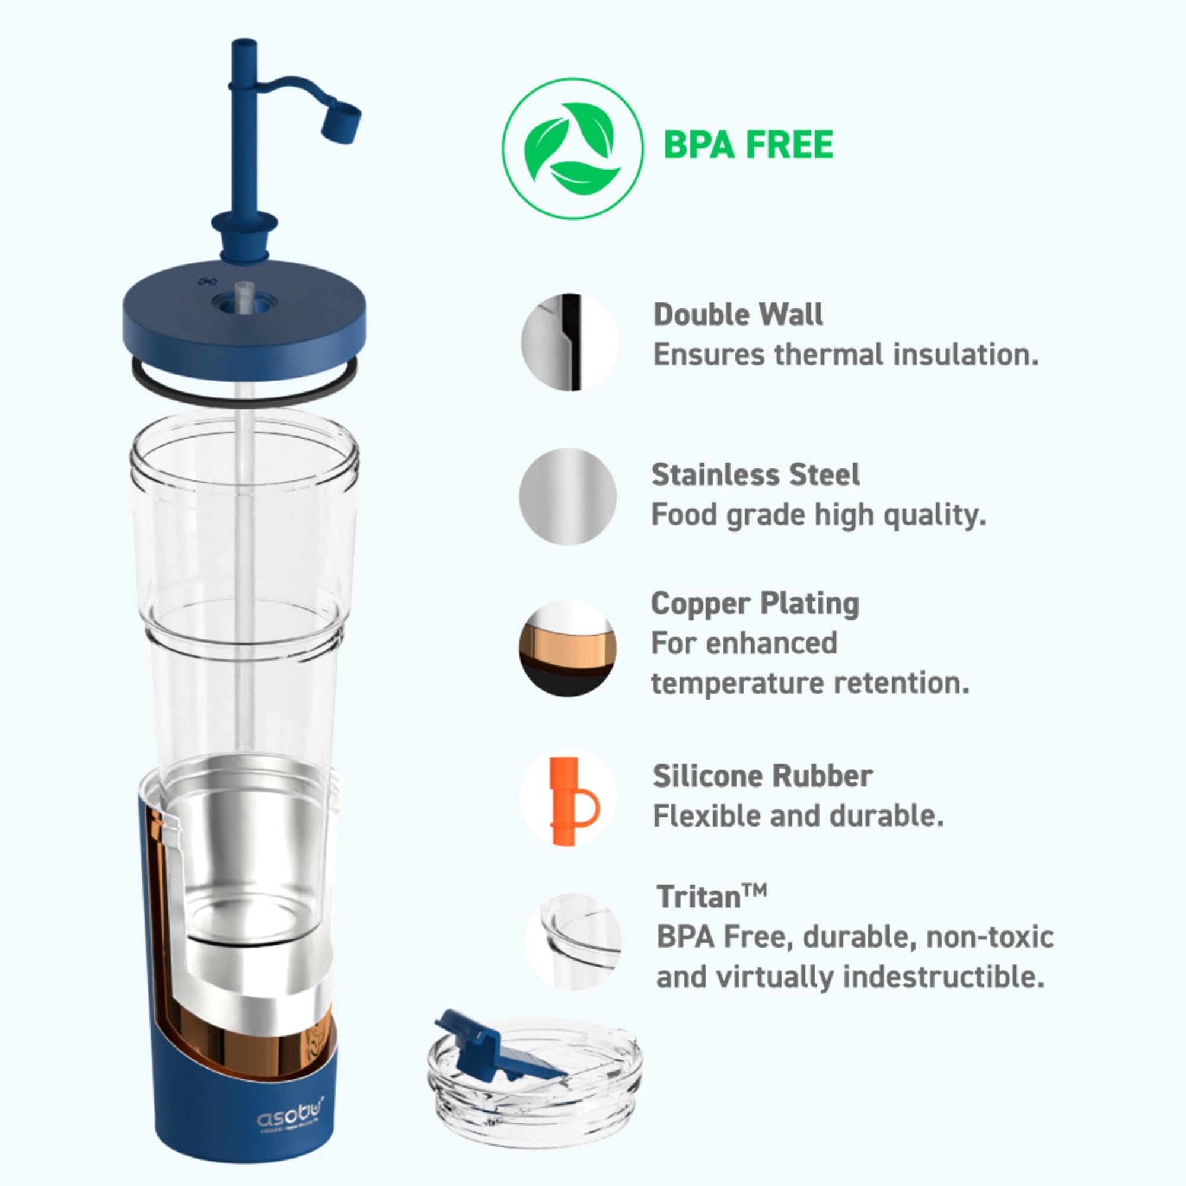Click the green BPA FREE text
[x=748, y=145]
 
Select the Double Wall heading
[x=737, y=315]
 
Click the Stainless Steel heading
[x=755, y=474]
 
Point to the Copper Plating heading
[x=754, y=604]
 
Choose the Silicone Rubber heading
[x=762, y=777]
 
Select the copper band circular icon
[x=568, y=648]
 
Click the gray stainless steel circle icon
[x=568, y=496]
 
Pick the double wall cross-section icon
[x=569, y=342]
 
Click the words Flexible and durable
[x=798, y=817]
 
